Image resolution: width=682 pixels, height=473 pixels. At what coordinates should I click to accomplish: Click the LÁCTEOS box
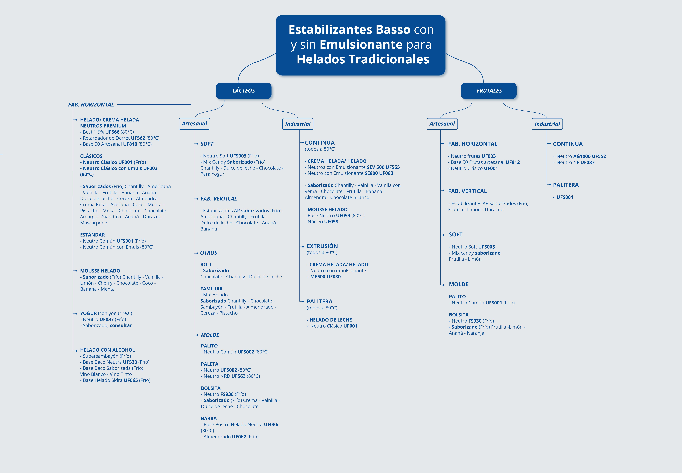point(244,91)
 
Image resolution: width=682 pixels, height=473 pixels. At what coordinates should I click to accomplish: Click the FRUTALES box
point(489,91)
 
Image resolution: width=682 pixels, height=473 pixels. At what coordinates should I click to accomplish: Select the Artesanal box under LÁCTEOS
point(194,124)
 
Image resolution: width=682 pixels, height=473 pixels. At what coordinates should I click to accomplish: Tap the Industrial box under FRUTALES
point(547,124)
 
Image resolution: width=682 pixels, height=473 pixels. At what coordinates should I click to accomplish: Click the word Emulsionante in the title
point(361,44)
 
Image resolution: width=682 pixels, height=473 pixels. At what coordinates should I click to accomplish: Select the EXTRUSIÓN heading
point(322,246)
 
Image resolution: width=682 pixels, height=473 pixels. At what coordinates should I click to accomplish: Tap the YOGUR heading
point(88,313)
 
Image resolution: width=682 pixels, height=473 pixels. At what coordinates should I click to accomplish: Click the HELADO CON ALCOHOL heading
point(107,350)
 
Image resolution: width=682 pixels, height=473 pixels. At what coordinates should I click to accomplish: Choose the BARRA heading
point(209,418)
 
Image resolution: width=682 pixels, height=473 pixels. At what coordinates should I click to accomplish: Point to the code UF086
point(271,424)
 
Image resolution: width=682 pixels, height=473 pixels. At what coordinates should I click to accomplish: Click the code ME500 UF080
point(325,277)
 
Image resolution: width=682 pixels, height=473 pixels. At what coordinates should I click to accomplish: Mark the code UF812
point(513,162)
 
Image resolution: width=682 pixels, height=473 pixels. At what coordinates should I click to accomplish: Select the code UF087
point(587,162)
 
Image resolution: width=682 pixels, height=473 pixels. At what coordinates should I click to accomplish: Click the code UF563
point(238,376)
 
